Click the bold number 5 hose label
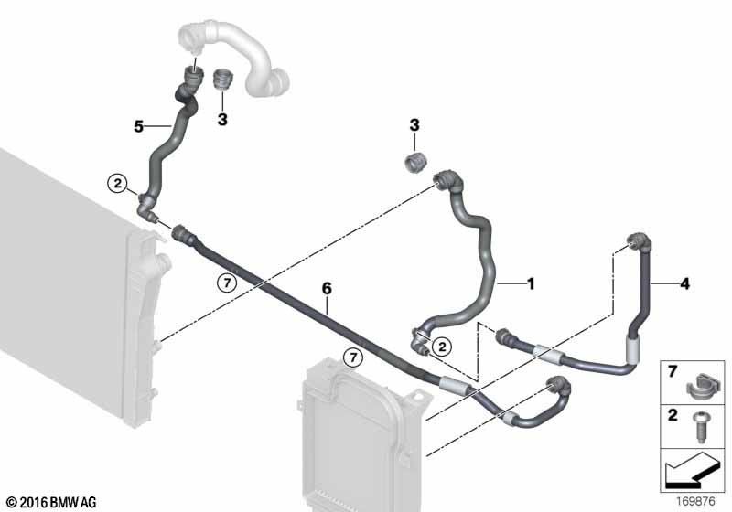point(139,126)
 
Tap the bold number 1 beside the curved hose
point(531,283)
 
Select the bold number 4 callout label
point(684,283)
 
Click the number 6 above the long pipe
point(327,289)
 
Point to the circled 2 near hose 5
point(118,183)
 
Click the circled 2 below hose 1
point(442,347)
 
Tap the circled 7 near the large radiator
point(227,283)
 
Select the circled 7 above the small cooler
point(353,357)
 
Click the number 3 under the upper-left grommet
point(222,120)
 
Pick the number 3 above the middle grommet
point(414,125)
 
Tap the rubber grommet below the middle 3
point(415,162)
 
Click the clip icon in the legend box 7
point(698,388)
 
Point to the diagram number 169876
point(695,501)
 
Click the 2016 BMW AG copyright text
point(52,502)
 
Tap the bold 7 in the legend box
point(673,371)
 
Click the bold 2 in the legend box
point(673,414)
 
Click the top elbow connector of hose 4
point(639,241)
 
